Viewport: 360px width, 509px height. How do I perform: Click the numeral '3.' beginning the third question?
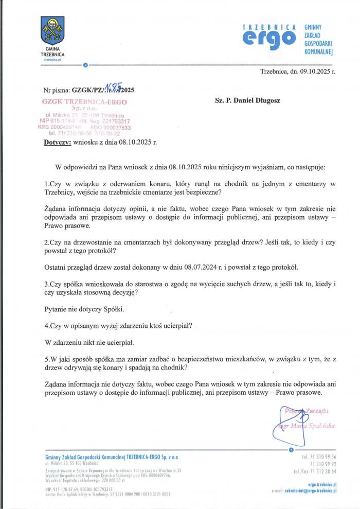[x=47, y=284]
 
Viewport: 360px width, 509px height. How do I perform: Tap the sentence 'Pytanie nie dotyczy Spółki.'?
[x=84, y=309]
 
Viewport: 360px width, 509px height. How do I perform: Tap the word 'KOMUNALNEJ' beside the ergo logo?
[x=319, y=52]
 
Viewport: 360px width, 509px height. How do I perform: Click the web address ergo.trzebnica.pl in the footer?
[x=322, y=485]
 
